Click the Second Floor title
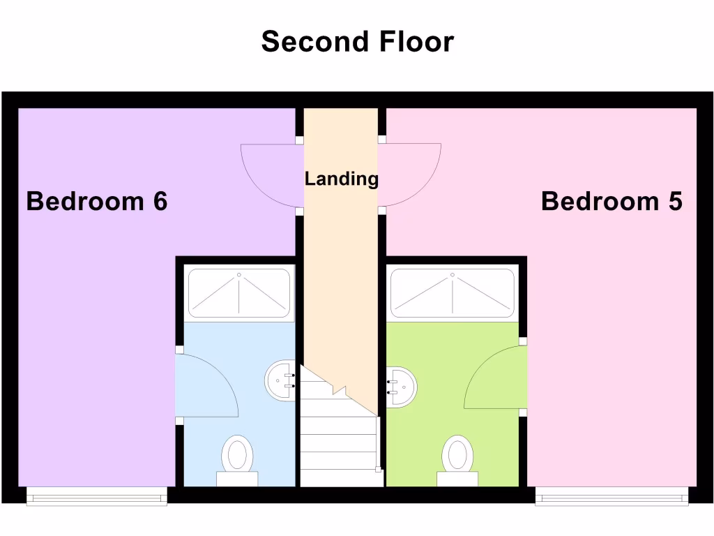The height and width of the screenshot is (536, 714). tap(357, 42)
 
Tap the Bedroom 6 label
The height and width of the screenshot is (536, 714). tap(97, 202)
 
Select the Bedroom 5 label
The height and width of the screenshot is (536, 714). tap(612, 202)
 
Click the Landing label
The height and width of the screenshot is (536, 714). tap(342, 179)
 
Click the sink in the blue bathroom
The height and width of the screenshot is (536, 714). tap(280, 381)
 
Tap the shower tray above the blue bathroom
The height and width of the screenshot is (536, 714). tap(239, 293)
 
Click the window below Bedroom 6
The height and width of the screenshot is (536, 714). tap(97, 496)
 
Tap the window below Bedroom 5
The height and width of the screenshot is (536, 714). tap(612, 496)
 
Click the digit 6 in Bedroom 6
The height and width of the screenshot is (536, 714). tap(160, 202)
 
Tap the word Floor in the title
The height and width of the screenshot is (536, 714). tap(417, 42)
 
